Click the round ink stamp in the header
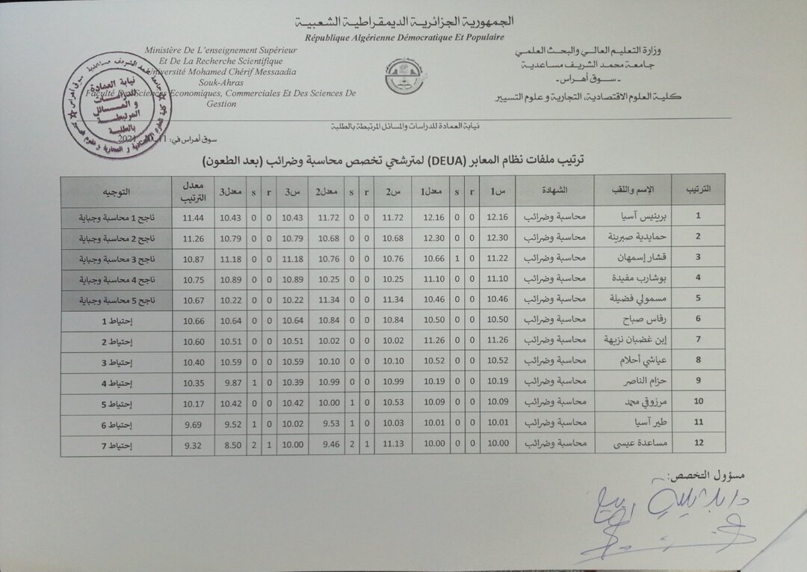tap(117, 105)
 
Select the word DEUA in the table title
tap(426, 162)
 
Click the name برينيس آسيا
tap(632, 217)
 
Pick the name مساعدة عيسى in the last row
tap(632, 443)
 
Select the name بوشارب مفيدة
tap(632, 278)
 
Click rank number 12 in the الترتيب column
tap(698, 443)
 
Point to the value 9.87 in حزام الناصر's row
tap(232, 383)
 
